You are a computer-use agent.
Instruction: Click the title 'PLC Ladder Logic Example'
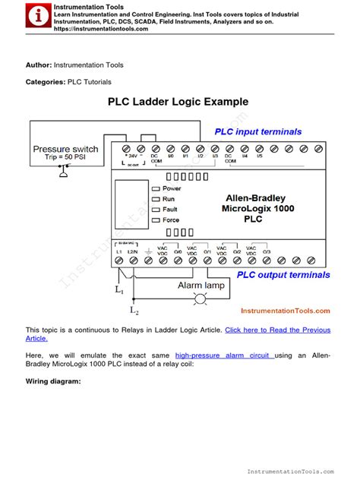178,102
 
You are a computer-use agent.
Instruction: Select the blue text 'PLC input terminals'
257,131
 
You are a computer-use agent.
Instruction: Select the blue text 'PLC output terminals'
283,275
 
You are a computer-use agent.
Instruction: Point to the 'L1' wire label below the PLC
119,289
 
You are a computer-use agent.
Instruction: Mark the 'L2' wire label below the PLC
134,310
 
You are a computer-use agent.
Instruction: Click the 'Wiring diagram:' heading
53,381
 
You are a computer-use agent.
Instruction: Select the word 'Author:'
38,65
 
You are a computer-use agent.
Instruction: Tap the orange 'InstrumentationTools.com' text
285,311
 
